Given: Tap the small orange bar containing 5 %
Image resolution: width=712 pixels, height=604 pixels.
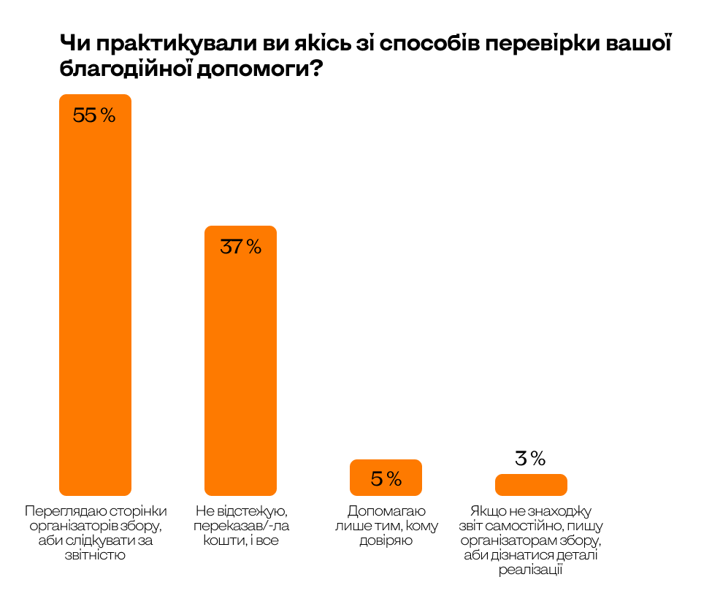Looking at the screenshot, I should tap(386, 478).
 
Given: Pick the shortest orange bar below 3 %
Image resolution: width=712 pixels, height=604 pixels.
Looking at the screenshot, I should tap(531, 485).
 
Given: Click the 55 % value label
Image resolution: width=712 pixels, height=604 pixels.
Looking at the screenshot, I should tap(95, 115).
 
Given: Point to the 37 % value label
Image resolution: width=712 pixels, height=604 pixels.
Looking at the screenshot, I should tap(240, 247).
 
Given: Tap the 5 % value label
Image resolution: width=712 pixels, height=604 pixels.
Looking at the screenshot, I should tap(386, 479).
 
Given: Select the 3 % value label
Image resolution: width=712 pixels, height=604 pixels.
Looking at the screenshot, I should tap(531, 459).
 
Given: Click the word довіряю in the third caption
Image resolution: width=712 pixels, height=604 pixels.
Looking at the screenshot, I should tap(386, 540).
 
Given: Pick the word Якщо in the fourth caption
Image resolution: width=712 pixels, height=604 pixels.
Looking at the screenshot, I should tap(485, 511).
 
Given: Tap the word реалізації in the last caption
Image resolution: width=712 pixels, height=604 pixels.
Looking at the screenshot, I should tap(531, 570).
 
